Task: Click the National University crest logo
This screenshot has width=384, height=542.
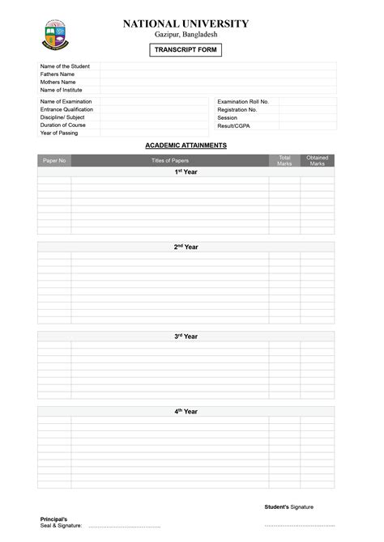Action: (57, 35)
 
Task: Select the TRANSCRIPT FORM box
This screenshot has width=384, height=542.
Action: (186, 50)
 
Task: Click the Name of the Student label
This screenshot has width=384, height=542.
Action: (65, 66)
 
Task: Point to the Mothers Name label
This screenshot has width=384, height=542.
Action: (58, 83)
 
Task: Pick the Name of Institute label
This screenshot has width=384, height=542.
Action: (62, 91)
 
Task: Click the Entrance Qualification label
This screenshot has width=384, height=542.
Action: (66, 109)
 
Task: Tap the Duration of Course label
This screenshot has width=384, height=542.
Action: (63, 125)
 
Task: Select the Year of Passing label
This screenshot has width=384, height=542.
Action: (59, 133)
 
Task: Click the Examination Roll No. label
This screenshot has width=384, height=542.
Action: (243, 102)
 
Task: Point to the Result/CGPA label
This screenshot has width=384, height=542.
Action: (233, 126)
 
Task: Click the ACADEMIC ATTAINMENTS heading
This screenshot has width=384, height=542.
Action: (186, 146)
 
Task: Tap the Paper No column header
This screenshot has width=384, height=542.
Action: (54, 161)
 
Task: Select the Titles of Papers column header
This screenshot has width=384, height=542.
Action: (170, 161)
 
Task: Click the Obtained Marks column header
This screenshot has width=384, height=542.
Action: (317, 161)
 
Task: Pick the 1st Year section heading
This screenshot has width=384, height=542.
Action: (186, 172)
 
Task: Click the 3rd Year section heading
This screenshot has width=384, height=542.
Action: (186, 337)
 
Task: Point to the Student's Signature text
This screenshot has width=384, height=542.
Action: (288, 507)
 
